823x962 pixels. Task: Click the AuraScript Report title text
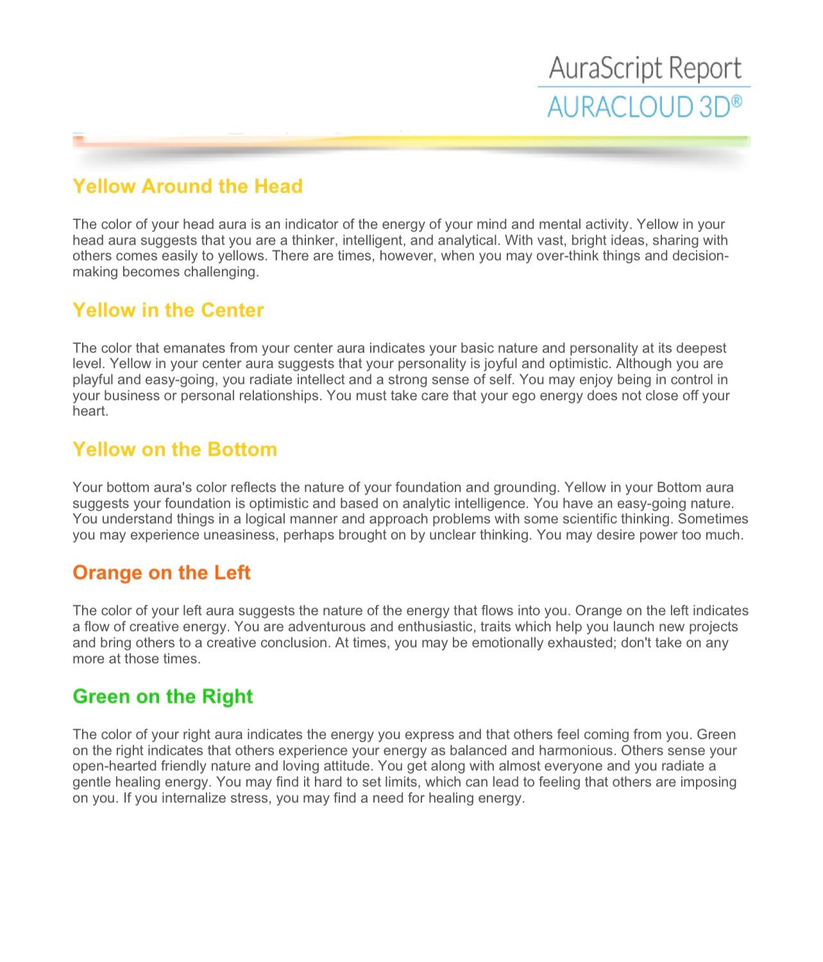[x=645, y=68]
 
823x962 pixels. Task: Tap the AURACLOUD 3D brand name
[x=638, y=107]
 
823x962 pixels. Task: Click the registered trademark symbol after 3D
[x=737, y=101]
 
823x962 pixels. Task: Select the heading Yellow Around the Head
[x=187, y=186]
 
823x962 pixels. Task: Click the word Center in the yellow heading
[x=232, y=310]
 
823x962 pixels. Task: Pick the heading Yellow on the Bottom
[x=174, y=449]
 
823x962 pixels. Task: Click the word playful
[x=94, y=380]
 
